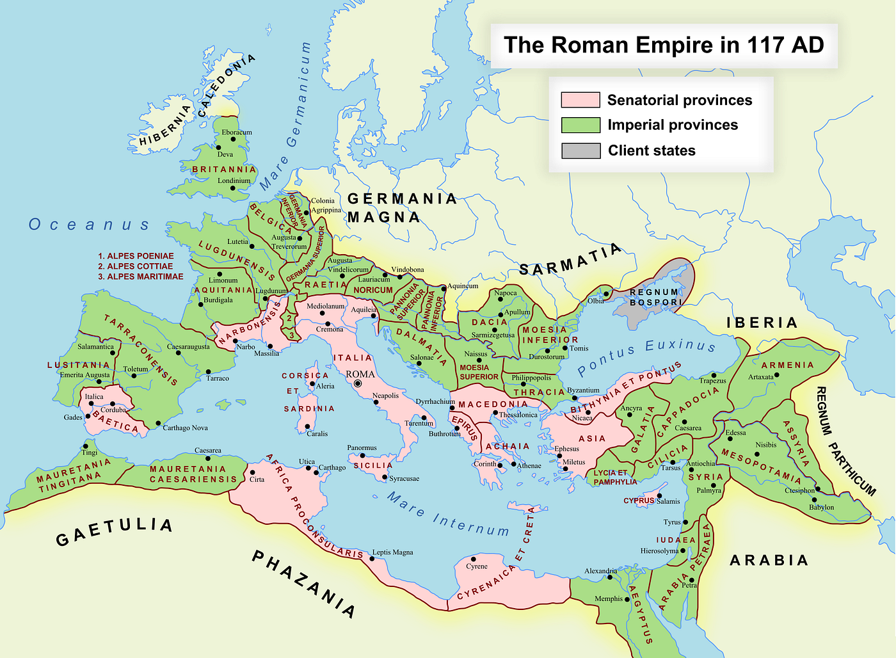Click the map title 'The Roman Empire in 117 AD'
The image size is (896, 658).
click(664, 45)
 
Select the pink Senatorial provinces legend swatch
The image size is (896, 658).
click(580, 100)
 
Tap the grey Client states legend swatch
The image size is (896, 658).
click(580, 150)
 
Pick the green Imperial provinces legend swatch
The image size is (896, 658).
click(580, 125)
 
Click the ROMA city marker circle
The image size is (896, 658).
click(358, 383)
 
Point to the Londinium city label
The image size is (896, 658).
click(234, 181)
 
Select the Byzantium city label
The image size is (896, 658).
click(583, 390)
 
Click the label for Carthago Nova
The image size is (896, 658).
click(185, 428)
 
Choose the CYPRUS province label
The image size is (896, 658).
click(639, 501)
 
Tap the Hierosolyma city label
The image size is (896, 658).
click(659, 550)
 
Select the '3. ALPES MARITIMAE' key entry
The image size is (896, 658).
click(141, 277)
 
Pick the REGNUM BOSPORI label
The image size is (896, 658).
click(655, 297)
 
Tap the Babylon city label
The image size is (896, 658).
click(821, 507)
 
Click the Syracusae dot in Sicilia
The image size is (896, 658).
click(385, 477)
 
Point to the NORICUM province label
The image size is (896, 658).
click(373, 290)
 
